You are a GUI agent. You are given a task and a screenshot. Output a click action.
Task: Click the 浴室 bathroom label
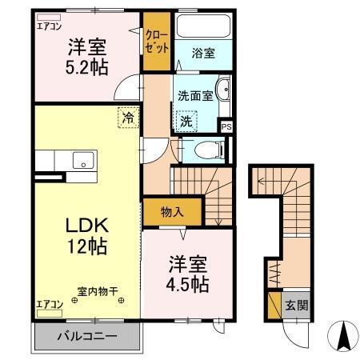[x=203, y=54]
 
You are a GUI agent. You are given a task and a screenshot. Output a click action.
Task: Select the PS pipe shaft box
[x=226, y=126]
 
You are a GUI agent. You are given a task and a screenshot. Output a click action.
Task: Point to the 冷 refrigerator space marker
[x=128, y=117]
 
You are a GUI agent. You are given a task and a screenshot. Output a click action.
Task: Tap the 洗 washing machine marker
[x=186, y=122]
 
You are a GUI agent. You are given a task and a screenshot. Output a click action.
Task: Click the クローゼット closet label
[x=157, y=42]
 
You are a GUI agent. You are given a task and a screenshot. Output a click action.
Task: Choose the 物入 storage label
[x=172, y=212]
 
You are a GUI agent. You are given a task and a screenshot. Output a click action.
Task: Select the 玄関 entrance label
[x=297, y=305]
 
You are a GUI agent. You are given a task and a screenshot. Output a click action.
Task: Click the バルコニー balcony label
[x=86, y=336]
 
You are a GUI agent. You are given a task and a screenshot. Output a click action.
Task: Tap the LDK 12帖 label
[x=86, y=234]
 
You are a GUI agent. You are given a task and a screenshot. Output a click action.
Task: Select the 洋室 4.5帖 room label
[x=188, y=274]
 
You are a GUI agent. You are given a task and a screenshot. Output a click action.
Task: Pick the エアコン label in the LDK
[x=50, y=304]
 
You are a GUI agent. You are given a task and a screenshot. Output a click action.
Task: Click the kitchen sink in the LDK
[x=83, y=160]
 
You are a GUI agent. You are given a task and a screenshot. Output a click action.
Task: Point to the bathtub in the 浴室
[x=203, y=27]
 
